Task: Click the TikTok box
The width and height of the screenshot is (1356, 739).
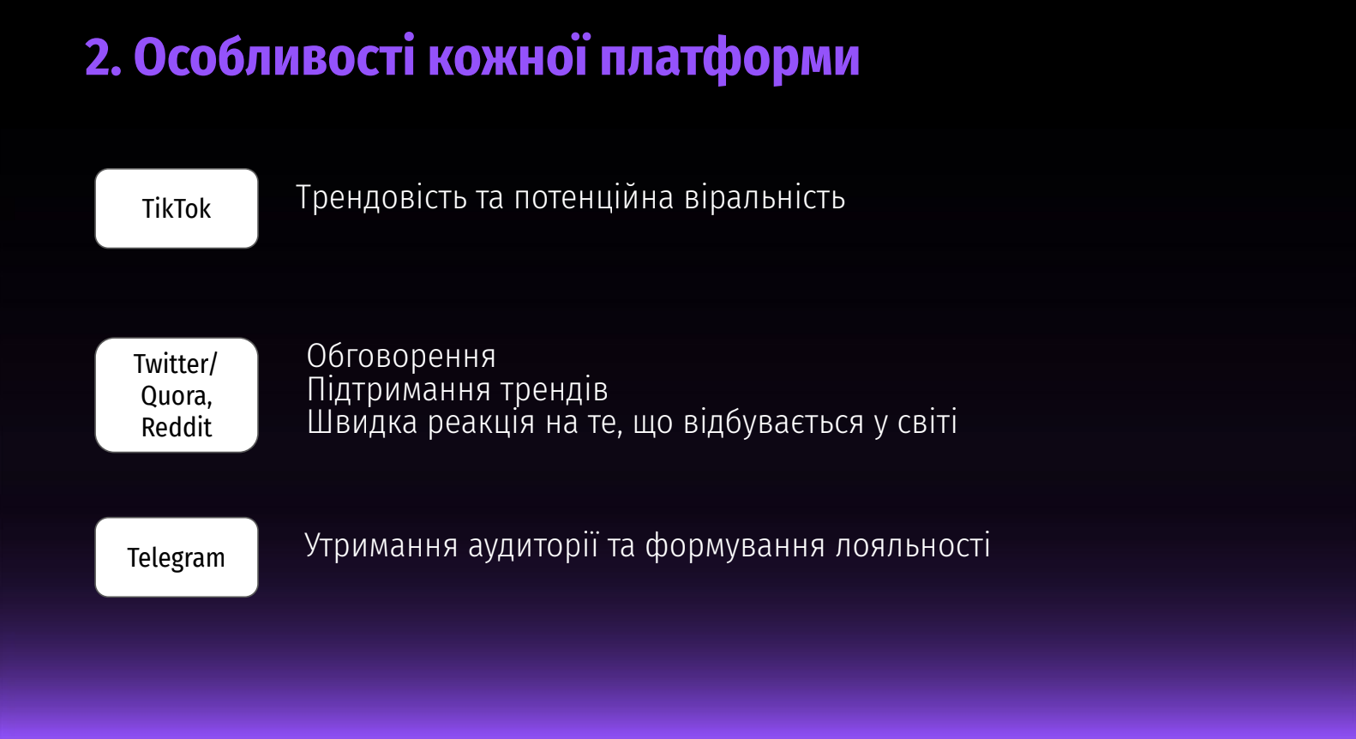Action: [177, 208]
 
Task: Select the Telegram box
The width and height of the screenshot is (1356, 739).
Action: [177, 557]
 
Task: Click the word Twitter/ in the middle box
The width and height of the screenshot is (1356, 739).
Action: [175, 363]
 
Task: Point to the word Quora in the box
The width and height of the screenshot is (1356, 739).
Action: [175, 396]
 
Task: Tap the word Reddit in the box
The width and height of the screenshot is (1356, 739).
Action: [177, 427]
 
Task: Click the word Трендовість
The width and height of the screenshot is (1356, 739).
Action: [381, 198]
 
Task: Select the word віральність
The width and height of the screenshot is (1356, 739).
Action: [765, 197]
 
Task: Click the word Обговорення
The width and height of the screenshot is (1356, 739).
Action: [401, 356]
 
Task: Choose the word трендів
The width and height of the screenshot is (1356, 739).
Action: [554, 390]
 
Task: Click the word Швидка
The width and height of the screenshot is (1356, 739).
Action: [362, 422]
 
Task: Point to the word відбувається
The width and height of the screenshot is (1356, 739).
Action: [774, 422]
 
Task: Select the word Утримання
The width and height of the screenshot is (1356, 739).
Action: [381, 545]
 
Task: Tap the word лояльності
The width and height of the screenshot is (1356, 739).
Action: [913, 545]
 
